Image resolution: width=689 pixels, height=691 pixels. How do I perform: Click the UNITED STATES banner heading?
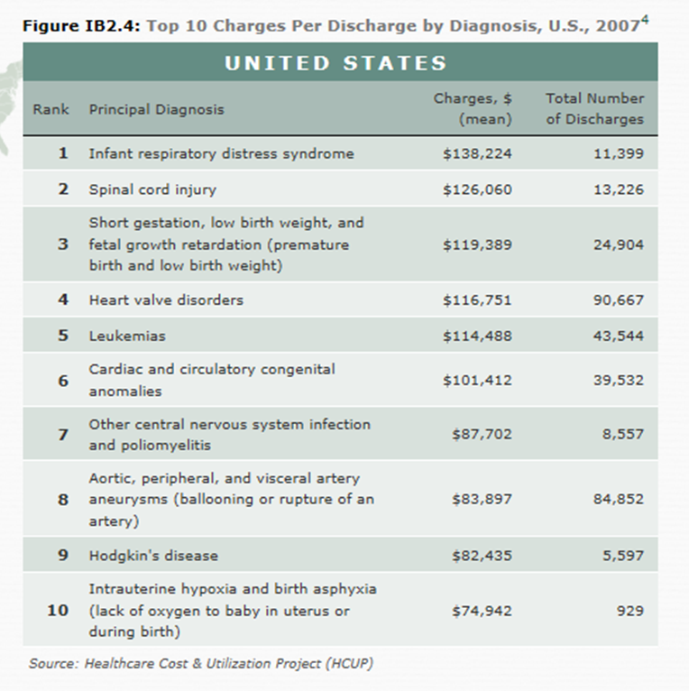(335, 63)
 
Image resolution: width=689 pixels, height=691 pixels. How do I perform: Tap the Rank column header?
(51, 109)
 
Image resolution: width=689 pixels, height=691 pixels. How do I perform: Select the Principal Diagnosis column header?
(156, 109)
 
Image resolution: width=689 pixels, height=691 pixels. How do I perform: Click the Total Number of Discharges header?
(594, 108)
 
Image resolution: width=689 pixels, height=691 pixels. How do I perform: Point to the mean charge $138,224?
(477, 153)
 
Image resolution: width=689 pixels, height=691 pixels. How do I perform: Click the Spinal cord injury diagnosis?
(152, 189)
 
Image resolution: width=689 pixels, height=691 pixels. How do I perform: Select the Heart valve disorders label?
(166, 299)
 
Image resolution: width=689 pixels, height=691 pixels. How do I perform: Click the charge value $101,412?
(477, 380)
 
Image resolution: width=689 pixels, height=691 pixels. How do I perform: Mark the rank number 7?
(63, 434)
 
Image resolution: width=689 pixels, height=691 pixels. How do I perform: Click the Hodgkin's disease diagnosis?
(153, 555)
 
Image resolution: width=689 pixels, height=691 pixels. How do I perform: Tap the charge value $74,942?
(482, 611)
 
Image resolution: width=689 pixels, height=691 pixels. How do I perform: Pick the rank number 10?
(58, 611)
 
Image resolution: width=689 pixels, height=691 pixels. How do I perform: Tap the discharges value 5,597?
(623, 555)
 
